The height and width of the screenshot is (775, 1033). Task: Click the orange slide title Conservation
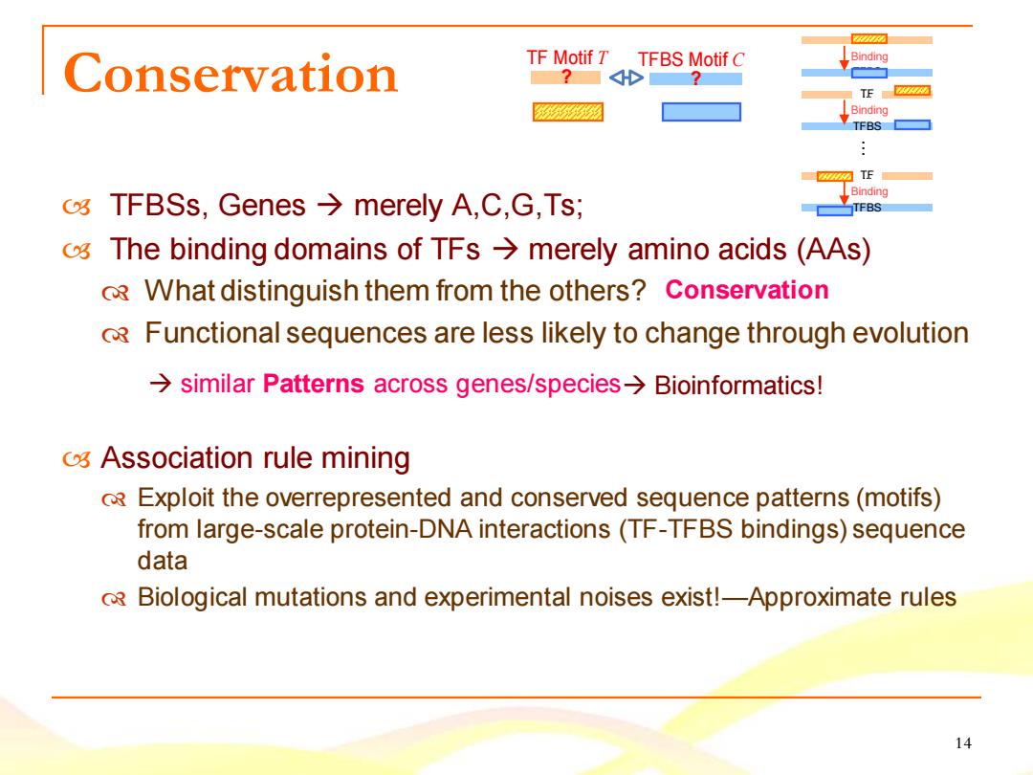pos(231,73)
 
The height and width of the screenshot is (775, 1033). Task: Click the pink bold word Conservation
pos(746,290)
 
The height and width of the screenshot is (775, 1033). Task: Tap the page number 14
pos(963,743)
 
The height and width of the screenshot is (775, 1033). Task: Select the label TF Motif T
pos(566,58)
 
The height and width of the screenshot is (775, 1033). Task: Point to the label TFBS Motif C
pos(691,59)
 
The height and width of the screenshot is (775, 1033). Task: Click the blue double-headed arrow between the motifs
pos(626,78)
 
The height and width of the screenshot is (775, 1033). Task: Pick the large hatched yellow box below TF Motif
pos(568,112)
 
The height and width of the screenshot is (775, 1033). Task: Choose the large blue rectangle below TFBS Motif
pos(701,112)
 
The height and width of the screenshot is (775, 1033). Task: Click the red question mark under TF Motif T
pos(566,77)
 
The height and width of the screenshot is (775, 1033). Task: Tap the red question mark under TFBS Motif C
pos(695,79)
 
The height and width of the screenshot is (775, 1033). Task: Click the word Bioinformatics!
pos(738,386)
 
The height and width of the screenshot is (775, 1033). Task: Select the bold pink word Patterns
pos(314,384)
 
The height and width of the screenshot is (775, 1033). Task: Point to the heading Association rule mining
pos(255,457)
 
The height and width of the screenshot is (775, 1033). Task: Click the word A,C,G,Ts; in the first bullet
pos(517,205)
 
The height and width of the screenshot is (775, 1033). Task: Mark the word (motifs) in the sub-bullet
pos(898,498)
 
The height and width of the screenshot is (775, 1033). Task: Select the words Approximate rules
pos(852,598)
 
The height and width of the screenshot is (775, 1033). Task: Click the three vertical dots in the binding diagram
pos(863,148)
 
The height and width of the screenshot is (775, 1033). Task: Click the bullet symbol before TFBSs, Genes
pos(77,207)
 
